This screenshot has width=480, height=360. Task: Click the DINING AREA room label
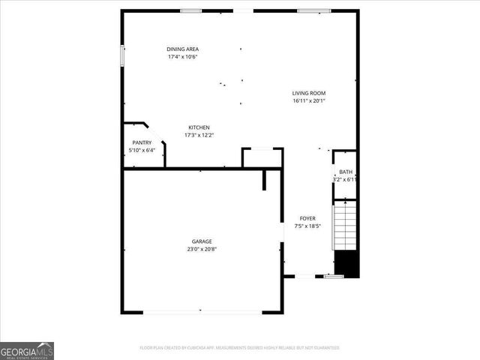182,49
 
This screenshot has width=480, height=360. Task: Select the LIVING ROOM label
309,93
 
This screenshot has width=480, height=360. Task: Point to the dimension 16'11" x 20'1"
309,101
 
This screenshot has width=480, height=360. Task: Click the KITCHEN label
199,127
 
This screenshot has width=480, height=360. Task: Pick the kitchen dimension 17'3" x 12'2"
199,136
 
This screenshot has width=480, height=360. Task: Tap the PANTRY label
142,142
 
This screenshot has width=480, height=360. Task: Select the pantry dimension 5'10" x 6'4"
142,151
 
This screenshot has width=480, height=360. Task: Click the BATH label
345,172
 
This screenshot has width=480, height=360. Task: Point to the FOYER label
307,218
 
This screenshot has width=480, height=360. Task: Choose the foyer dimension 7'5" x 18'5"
307,226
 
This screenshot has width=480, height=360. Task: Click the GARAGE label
201,241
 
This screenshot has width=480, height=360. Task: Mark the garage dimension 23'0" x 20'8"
201,250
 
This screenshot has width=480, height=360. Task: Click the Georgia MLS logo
27,351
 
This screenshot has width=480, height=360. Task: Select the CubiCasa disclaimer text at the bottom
239,348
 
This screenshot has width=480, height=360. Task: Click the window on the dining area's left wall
123,57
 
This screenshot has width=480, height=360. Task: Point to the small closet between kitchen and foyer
262,158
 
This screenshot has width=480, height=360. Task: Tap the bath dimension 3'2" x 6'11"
345,180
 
